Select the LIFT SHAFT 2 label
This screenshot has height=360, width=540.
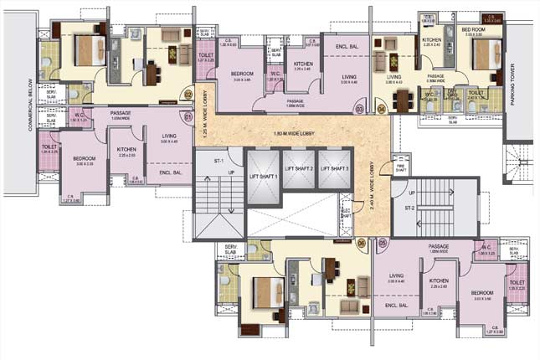coord(300,169)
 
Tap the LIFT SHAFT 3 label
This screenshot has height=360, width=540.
coord(334,169)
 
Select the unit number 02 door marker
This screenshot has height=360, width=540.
coord(188,95)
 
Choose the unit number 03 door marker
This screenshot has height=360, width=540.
coord(359,109)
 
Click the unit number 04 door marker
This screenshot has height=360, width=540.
coord(382,109)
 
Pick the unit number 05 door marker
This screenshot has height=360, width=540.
coord(383,243)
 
